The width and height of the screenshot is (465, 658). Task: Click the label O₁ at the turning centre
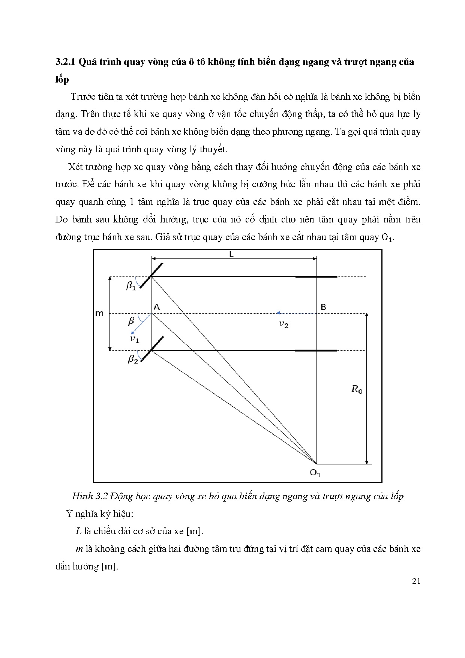pyautogui.click(x=315, y=473)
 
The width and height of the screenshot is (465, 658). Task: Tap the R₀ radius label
pyautogui.click(x=357, y=389)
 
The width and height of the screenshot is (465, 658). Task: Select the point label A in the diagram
pyautogui.click(x=157, y=307)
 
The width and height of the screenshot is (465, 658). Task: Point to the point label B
pyautogui.click(x=323, y=307)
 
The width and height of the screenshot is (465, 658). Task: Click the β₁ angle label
pyautogui.click(x=130, y=286)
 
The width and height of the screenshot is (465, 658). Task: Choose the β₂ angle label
pyautogui.click(x=133, y=359)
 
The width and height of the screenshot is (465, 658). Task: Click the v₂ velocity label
pyautogui.click(x=283, y=324)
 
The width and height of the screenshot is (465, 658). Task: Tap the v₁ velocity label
pyautogui.click(x=134, y=339)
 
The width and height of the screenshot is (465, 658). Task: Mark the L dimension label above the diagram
pyautogui.click(x=231, y=254)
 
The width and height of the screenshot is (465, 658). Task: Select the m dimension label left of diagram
pyautogui.click(x=99, y=313)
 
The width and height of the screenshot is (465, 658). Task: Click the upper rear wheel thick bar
pyautogui.click(x=316, y=276)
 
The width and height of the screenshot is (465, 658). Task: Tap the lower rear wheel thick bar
pyautogui.click(x=316, y=350)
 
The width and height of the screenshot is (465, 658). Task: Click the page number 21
pyautogui.click(x=416, y=581)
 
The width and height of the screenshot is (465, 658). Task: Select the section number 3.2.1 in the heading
pyautogui.click(x=66, y=62)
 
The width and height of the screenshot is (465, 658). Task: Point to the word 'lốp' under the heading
pyautogui.click(x=62, y=80)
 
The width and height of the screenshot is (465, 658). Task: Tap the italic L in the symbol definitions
pyautogui.click(x=78, y=531)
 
